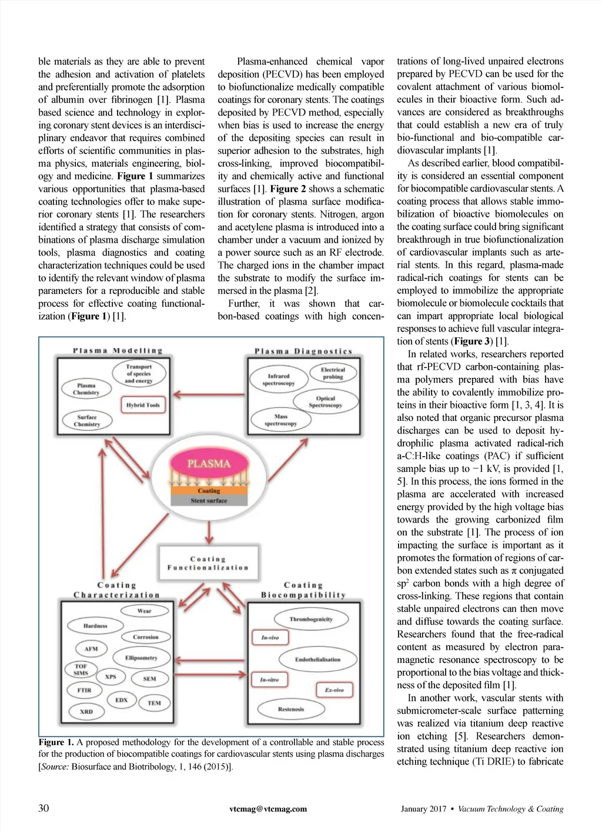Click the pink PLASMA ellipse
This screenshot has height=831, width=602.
coord(209,464)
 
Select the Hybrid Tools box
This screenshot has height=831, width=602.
coord(143,405)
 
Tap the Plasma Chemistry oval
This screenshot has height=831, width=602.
coord(86,389)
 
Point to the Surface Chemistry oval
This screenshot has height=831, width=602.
coord(87,421)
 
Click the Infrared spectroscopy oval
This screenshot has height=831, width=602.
coord(278,380)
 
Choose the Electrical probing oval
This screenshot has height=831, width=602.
coord(333,373)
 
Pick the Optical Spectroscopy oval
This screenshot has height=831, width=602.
coord(325,401)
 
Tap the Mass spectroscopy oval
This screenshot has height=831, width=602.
coord(280,420)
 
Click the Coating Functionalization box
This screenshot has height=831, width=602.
coord(208,564)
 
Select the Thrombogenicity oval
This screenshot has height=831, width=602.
coord(310,619)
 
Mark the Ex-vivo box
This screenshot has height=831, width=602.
coord(335,689)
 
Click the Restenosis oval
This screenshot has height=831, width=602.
coord(291,709)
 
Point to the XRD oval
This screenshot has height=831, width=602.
coord(86,712)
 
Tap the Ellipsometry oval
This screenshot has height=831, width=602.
coord(141,658)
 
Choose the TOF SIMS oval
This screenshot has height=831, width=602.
coord(81,670)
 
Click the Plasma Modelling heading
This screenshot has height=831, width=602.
coord(118,351)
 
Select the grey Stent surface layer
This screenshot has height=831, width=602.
coord(209,501)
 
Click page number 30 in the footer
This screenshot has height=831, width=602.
coord(44,808)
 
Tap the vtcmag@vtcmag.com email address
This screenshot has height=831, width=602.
coord(268,809)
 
